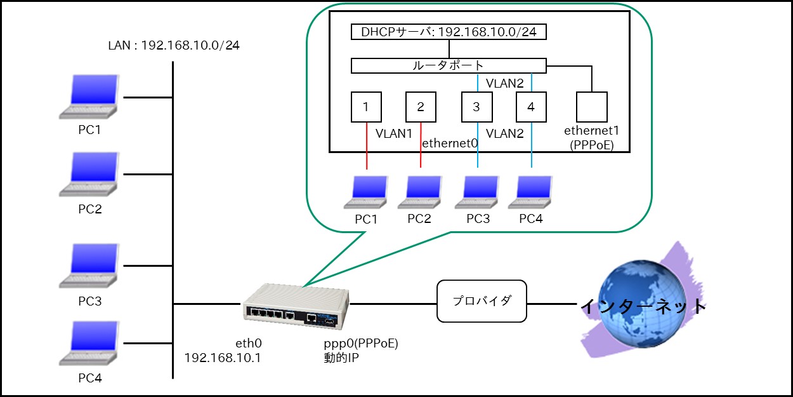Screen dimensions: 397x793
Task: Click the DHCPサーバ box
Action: (x=449, y=32)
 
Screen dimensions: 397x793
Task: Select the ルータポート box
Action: (x=448, y=65)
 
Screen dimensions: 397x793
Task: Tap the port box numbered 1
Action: (x=367, y=107)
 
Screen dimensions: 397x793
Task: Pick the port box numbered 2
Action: (x=421, y=107)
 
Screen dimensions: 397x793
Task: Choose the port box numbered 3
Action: (x=477, y=107)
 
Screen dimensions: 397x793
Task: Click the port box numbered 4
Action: (x=531, y=107)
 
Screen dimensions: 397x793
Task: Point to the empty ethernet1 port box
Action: (x=591, y=107)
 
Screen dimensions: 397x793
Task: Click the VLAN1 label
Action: (x=393, y=134)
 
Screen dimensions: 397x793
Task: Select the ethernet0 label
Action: (x=449, y=144)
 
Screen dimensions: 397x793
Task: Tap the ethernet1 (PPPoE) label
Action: (x=591, y=137)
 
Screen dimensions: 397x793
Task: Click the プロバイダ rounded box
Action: (x=482, y=301)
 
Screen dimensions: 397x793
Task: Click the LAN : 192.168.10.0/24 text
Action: (x=174, y=46)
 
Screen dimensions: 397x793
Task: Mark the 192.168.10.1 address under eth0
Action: (x=223, y=358)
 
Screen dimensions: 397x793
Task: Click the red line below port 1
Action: (x=367, y=145)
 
